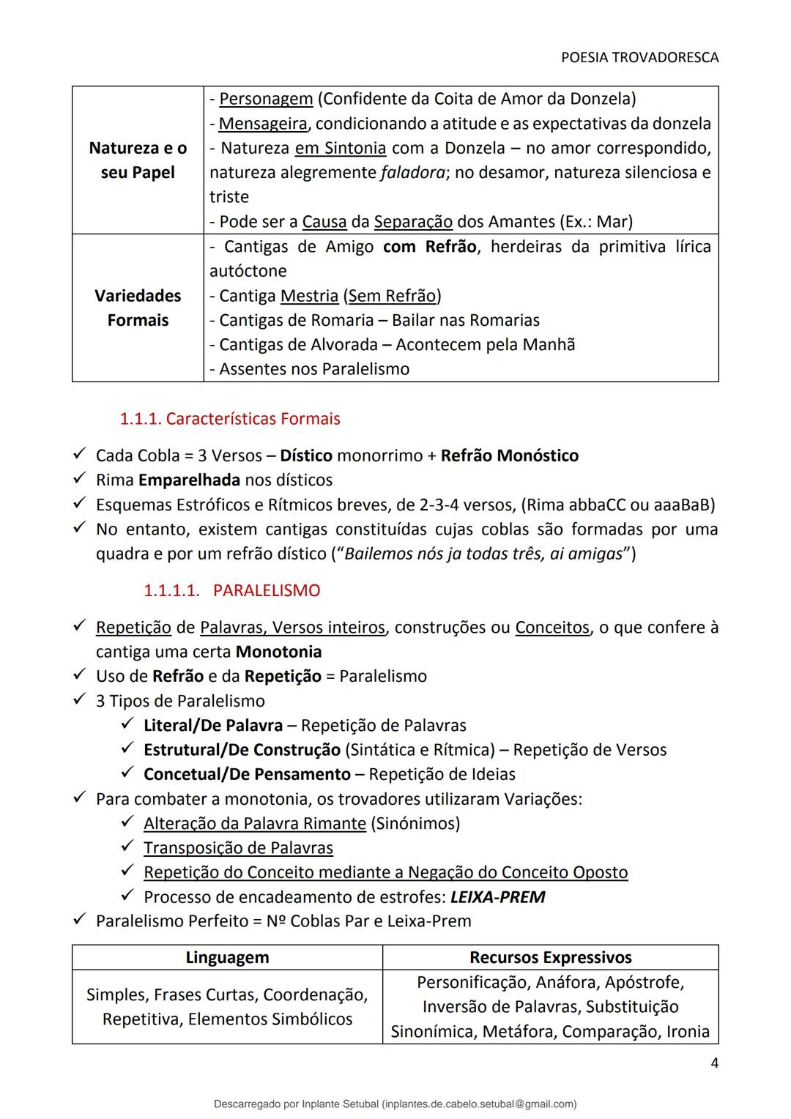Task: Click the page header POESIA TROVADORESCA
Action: coord(639,57)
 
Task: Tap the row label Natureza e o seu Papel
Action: coord(138,160)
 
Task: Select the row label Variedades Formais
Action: coord(138,308)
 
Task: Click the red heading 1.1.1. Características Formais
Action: coord(230,419)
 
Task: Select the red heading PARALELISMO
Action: coord(267,590)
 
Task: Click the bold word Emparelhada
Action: coord(189,480)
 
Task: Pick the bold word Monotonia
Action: coord(278,652)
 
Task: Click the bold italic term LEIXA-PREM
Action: coord(497,897)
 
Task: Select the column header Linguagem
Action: coord(227,957)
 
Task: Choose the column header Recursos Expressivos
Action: coord(550,957)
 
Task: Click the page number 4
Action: coord(714,1063)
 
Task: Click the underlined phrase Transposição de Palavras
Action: coord(238,848)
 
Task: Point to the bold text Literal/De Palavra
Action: coord(213,726)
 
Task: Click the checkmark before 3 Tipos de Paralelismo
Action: coord(80,700)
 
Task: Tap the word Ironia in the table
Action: coord(688,1032)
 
